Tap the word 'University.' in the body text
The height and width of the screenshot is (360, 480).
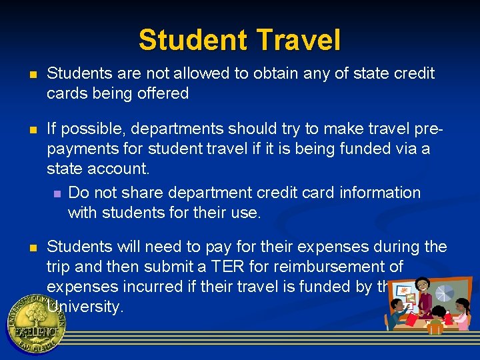coord(85,307)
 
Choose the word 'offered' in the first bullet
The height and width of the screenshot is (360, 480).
coord(163,93)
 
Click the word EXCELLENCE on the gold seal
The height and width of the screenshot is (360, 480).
coord(36,331)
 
